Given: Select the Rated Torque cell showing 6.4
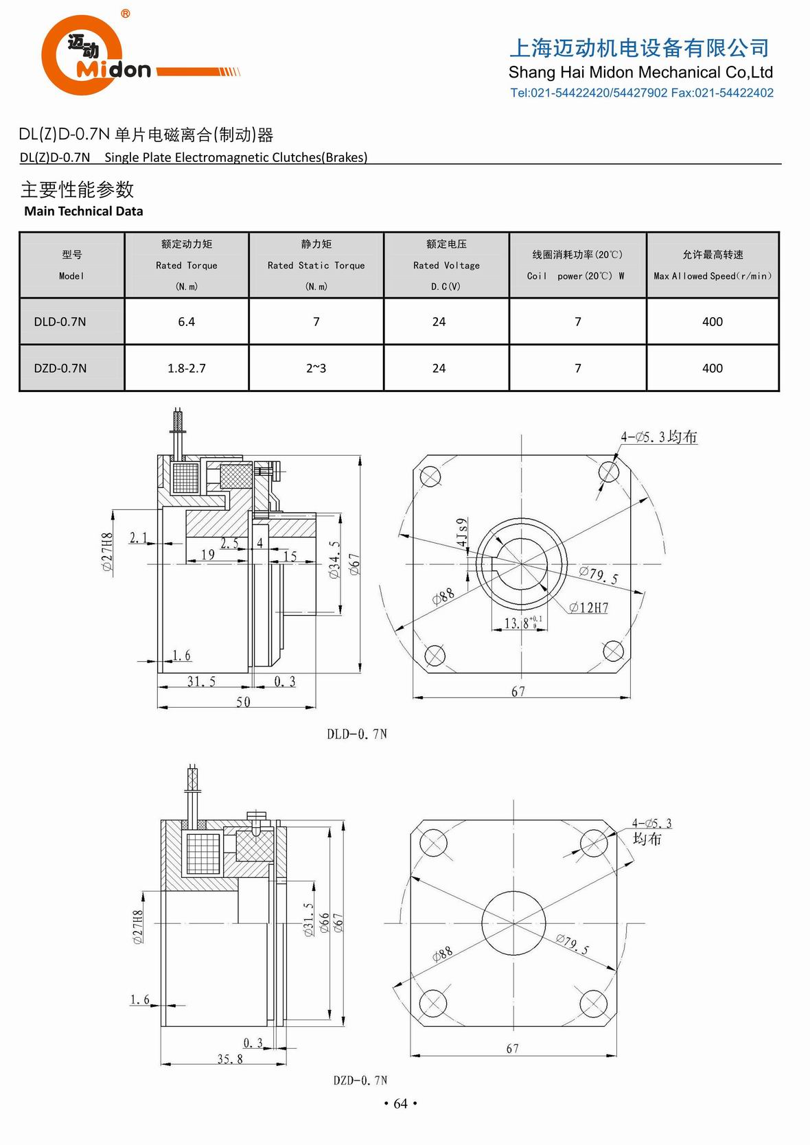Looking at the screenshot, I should point(186,321).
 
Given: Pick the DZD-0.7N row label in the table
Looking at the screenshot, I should point(60,368).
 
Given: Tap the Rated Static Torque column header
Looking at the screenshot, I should point(316,265).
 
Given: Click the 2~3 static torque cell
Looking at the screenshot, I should point(316,368).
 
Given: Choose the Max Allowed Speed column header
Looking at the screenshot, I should point(712,265).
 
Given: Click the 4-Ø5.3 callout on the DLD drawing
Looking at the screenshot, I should point(658,437).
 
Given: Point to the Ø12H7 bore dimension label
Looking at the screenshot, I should point(588,608).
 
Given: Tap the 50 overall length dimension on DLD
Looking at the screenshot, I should point(243,702).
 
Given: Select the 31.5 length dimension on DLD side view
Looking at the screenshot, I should point(201,681).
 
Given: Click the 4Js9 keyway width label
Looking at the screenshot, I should point(463,533).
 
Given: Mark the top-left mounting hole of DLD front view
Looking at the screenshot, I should point(430,476).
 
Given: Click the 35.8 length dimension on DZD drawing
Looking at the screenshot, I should point(230,1059).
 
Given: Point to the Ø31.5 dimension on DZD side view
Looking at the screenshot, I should point(309,920).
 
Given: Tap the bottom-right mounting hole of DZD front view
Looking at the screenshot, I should point(593,1004).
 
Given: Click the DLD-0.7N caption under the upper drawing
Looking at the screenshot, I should point(356,734).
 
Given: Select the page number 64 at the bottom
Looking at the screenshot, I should point(400,1103).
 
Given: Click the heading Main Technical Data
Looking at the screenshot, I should point(83,211).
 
